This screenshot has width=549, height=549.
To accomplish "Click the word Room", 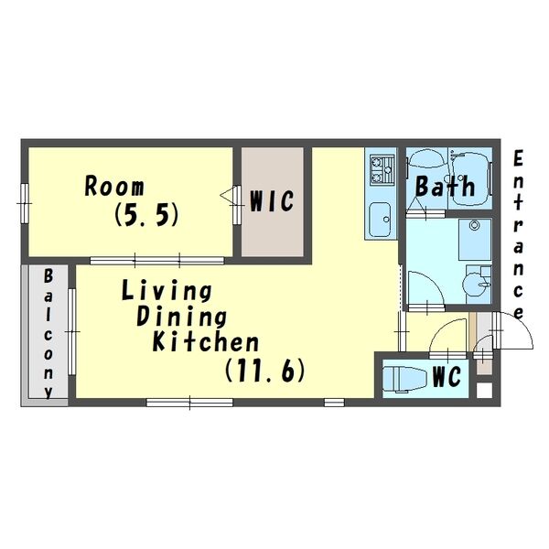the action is (114, 187).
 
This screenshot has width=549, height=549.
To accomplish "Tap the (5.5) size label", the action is (146, 214).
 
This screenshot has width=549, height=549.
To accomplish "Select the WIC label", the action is (272, 201).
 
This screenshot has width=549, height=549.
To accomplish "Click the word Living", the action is (167, 292).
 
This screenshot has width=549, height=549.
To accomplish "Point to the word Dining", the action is (181, 317).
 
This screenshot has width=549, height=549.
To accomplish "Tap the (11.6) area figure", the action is (264, 371).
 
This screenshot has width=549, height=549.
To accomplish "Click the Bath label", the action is (445, 186).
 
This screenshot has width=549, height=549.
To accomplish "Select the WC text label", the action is (447, 377).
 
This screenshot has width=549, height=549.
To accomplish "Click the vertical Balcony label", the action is (48, 334).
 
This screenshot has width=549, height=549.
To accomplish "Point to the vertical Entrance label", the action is (518, 234).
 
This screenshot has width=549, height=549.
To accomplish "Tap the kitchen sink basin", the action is (381, 220).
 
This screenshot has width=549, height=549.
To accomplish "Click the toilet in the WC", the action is (404, 378).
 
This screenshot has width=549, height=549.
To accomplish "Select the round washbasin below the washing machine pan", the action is (476, 284).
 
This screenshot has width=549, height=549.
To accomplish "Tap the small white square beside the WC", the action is (485, 390).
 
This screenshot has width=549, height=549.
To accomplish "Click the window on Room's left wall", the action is (24, 203).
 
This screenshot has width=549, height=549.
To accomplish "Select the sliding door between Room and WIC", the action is (237, 205).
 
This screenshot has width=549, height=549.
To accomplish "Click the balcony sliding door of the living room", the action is (71, 331).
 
